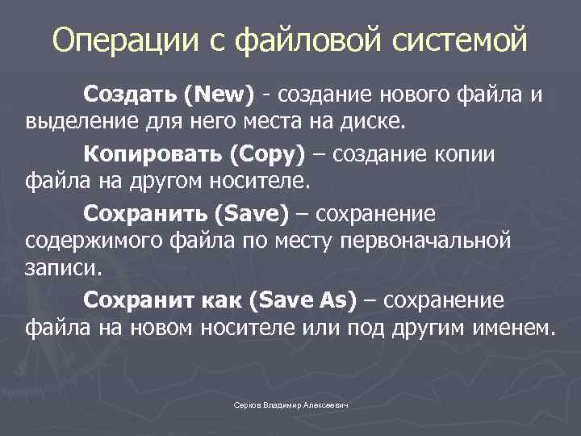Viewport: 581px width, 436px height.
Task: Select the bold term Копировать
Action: [152, 153]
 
